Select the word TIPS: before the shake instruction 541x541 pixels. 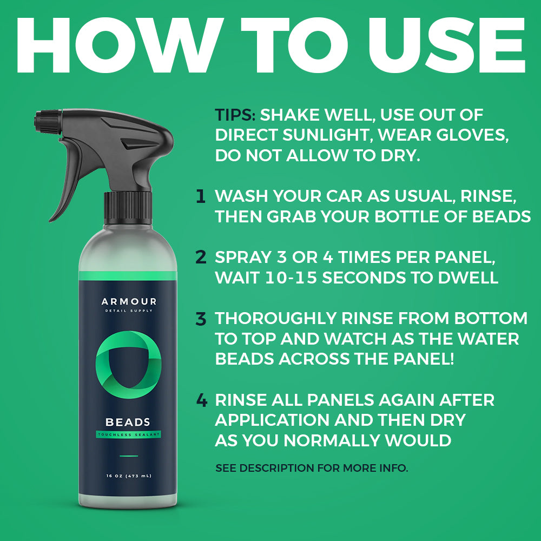tap(236, 115)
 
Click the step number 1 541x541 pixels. tap(201, 196)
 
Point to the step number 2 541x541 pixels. tap(201, 257)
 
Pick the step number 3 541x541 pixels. tap(201, 319)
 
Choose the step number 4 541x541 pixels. tap(201, 401)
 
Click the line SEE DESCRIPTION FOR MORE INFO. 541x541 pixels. tap(312, 468)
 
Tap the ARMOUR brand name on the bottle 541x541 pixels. tap(129, 301)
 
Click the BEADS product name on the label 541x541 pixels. tap(128, 422)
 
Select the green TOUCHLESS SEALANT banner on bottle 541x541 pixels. tap(128, 434)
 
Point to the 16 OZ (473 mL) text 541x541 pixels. tap(128, 476)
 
